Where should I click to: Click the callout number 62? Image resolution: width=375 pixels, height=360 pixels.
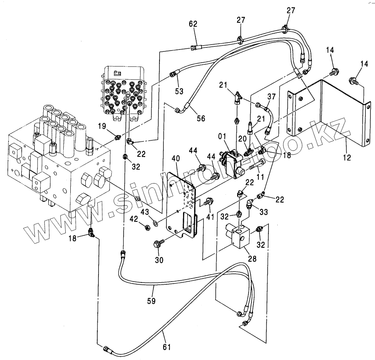193,24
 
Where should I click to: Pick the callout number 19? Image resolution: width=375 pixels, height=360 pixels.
101,126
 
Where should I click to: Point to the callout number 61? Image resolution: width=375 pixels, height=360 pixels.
166,347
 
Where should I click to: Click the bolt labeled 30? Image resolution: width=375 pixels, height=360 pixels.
158,243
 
